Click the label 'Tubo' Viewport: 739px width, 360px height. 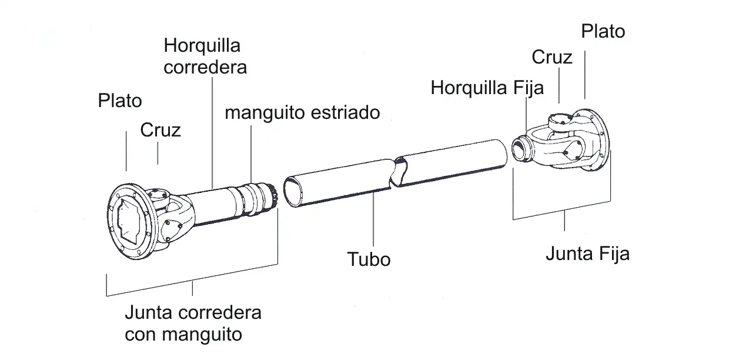pyautogui.click(x=369, y=259)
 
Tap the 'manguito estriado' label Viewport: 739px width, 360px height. pyautogui.click(x=302, y=113)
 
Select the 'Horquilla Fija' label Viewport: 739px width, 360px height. pyautogui.click(x=487, y=88)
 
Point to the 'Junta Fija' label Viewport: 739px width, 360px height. pyautogui.click(x=587, y=254)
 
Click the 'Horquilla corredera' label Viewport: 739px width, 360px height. pyautogui.click(x=205, y=56)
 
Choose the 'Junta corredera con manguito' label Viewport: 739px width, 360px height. pyautogui.click(x=193, y=324)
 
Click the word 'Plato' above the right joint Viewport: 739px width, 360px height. pyautogui.click(x=603, y=31)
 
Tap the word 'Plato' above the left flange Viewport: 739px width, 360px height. pyautogui.click(x=120, y=101)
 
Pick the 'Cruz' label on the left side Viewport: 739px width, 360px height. pyautogui.click(x=160, y=130)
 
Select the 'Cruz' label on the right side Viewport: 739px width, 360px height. pyautogui.click(x=552, y=57)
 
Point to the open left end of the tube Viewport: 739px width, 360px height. pyautogui.click(x=293, y=192)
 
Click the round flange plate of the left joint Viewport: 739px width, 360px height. pyautogui.click(x=131, y=221)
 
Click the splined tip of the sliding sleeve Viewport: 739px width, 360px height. pyautogui.click(x=274, y=198)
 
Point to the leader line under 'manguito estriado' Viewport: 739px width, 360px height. pyautogui.click(x=251, y=154)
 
